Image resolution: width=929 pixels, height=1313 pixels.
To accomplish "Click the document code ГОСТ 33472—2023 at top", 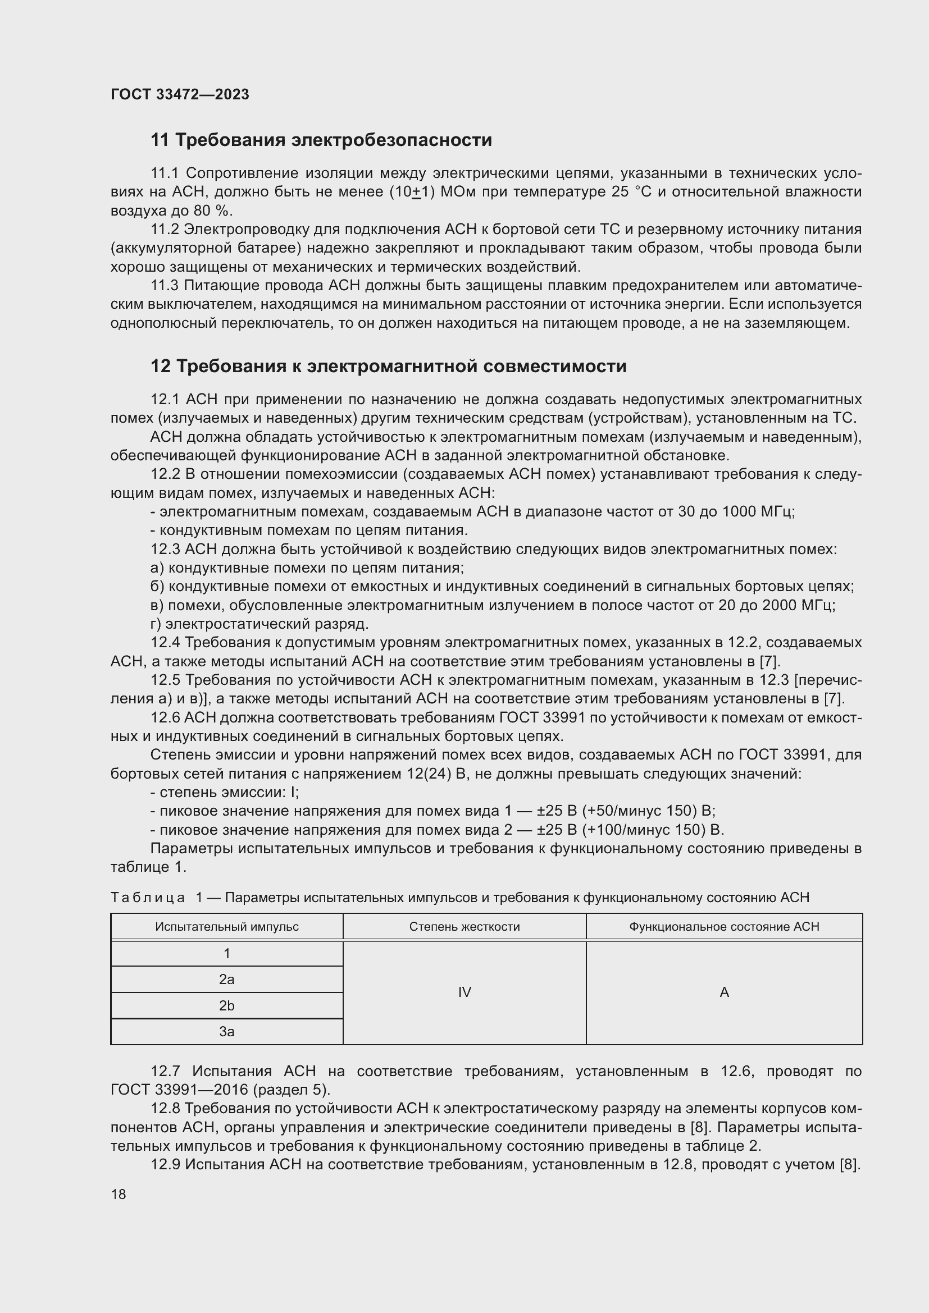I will coord(180,94).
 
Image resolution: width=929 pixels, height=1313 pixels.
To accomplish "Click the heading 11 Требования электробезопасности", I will coord(321,140).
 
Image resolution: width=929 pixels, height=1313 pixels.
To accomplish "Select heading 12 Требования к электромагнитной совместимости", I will coord(389,366).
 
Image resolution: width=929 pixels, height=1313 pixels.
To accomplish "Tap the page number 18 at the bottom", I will coord(119,1194).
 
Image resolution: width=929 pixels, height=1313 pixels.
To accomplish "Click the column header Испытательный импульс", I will coord(226,926).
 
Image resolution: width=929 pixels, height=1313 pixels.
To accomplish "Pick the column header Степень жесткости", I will coord(464,926).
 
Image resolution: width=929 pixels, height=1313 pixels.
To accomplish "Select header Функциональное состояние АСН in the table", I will coord(723,926).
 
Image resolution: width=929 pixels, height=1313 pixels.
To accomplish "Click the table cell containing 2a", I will coord(226,980).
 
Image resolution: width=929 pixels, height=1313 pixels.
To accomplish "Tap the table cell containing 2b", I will coord(226,1005).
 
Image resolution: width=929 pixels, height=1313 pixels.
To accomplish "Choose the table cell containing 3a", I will coord(226,1032).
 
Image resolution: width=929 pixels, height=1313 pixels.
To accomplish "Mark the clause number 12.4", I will coord(165,643).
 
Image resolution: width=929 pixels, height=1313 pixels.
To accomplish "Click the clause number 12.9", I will coord(165,1164).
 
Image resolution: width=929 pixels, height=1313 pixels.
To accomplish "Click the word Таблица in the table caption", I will coord(148,898).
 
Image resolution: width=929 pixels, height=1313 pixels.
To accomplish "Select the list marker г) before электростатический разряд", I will coord(156,624).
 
